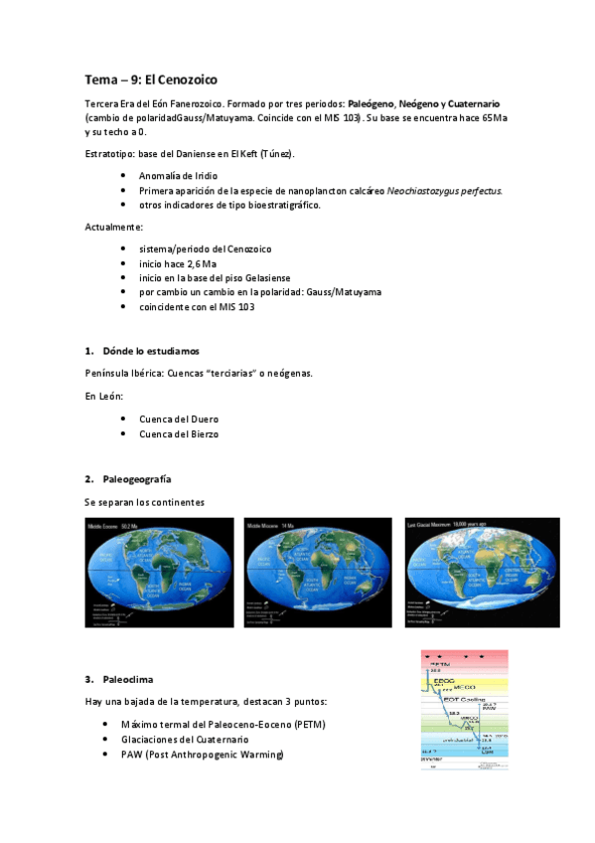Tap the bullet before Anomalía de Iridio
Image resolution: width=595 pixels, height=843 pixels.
point(122,175)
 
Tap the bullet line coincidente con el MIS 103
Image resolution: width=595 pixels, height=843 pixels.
point(197,306)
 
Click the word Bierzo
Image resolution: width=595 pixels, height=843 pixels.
point(202,433)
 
